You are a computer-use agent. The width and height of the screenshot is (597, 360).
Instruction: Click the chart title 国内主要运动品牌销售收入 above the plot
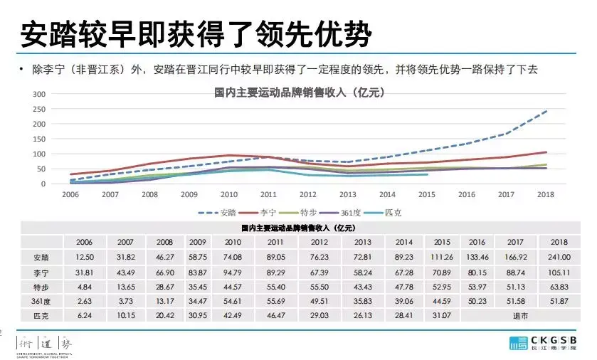(299, 91)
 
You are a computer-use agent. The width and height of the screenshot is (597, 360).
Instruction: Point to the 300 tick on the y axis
(39, 94)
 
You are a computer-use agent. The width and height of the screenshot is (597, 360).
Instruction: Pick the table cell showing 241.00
(559, 257)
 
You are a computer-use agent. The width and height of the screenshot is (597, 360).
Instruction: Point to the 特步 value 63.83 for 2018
(559, 287)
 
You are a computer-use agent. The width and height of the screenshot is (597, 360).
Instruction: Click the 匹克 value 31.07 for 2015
(440, 315)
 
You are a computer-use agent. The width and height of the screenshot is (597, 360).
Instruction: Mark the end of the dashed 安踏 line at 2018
(546, 111)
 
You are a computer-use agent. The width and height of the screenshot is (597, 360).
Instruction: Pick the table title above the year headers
(299, 228)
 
